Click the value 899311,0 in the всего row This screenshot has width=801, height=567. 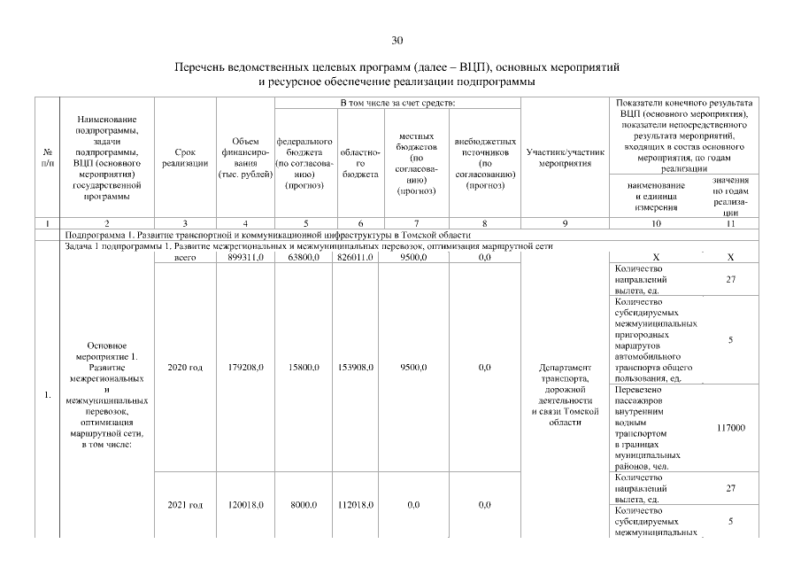click(244, 257)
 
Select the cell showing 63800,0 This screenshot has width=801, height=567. click(304, 257)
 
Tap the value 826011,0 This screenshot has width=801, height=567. click(356, 257)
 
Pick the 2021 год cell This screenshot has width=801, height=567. click(185, 505)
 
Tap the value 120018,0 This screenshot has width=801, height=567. click(244, 505)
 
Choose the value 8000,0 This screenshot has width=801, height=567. click(304, 505)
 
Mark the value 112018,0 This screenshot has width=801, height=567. click(356, 505)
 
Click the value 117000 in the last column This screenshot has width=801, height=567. click(730, 428)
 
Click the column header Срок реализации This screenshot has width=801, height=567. click(185, 158)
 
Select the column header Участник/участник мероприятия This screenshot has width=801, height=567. click(565, 158)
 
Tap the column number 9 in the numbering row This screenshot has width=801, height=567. click(565, 221)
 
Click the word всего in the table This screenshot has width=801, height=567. click(185, 257)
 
